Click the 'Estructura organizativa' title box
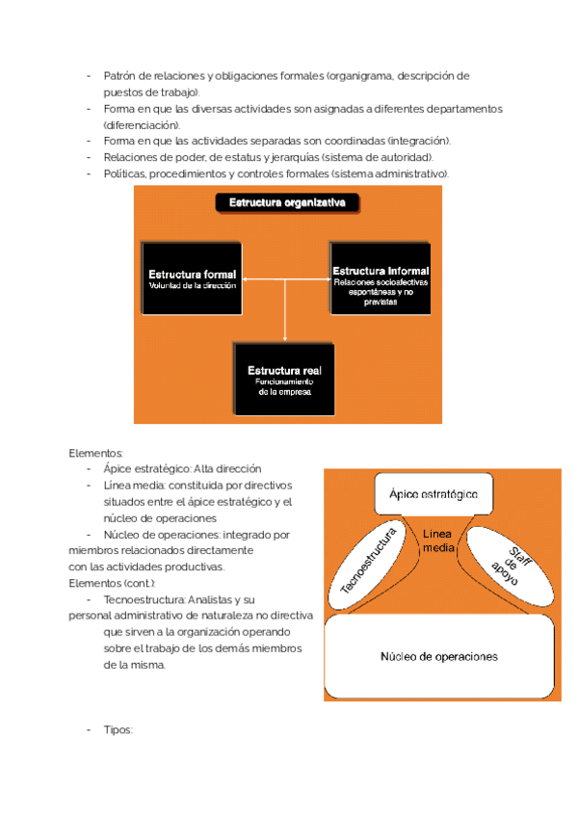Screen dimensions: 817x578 [x=286, y=202]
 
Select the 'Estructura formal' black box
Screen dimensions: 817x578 [x=192, y=279]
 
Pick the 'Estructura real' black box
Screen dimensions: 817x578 [x=284, y=380]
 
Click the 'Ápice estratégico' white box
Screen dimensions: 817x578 [x=433, y=493]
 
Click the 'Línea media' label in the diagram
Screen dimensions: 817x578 [x=436, y=541]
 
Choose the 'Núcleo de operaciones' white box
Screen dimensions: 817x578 [x=438, y=657]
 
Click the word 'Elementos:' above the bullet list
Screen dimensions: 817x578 [x=96, y=452]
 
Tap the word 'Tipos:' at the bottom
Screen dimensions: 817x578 [x=118, y=730]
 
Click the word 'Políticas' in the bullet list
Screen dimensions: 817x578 [x=124, y=173]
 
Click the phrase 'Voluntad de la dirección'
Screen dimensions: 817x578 [x=192, y=286]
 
